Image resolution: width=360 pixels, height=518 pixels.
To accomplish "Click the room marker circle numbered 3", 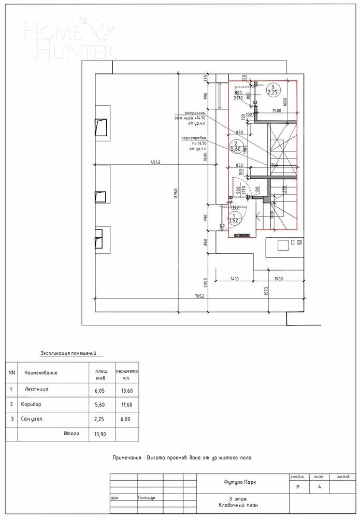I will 272,90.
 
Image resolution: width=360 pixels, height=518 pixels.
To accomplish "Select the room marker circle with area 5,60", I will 236,147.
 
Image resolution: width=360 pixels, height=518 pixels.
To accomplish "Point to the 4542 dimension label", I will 155,163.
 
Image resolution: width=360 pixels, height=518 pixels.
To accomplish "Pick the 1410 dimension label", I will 235,279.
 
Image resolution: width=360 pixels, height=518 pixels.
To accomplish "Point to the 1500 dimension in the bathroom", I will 277,111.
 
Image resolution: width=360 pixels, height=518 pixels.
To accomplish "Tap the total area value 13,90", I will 99,434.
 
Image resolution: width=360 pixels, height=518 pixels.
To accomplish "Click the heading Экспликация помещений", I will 68,354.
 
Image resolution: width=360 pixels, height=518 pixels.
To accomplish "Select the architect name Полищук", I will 147,497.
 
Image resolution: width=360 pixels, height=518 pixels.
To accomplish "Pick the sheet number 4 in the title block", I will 320,487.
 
